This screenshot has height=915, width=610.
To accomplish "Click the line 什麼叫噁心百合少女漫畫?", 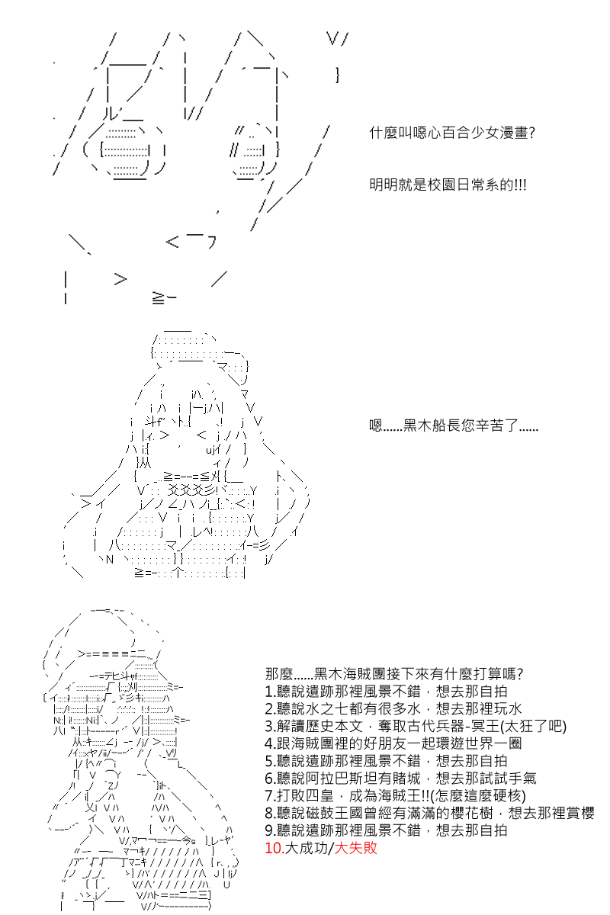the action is point(452,133).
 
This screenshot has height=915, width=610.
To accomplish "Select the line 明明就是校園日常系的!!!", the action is point(448,185).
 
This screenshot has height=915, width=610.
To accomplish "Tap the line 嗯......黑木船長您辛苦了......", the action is point(453,425).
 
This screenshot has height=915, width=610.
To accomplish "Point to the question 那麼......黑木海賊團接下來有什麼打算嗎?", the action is point(394,673).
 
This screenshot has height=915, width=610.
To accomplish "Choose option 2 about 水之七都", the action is point(393,708).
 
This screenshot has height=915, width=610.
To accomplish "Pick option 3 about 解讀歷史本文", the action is point(416,726).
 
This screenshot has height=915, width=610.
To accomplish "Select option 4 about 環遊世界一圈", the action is point(393,743).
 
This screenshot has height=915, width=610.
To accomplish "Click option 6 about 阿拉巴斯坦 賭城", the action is point(400,779).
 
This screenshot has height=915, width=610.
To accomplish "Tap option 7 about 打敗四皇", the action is point(395,796).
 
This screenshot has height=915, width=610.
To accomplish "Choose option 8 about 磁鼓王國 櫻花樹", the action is point(429,814).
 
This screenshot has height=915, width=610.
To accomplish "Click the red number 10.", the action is point(274,849).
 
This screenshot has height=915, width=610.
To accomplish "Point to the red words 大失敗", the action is point(355,849).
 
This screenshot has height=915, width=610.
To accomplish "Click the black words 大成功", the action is point(307,849).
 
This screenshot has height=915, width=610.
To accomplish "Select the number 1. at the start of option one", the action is point(270,691).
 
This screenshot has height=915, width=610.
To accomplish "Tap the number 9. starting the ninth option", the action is point(271,831).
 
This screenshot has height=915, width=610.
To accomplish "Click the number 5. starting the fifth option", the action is point(271,761).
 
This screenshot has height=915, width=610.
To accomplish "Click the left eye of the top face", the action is point(125,152).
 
